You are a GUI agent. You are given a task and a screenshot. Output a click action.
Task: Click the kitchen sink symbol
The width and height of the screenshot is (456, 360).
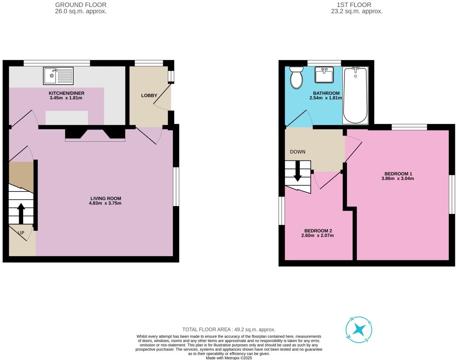tap(58, 75)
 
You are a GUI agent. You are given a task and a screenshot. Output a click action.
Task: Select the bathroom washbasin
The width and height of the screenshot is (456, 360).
tap(324, 75)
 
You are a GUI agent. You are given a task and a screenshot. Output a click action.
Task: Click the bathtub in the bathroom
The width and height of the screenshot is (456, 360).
tap(355, 95)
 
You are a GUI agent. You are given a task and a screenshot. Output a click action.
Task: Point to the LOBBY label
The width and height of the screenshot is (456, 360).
tap(149, 95)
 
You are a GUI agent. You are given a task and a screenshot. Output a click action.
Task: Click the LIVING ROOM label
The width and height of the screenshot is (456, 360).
tap(106, 198)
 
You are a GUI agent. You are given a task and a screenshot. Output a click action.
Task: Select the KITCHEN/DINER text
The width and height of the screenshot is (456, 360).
tap(65, 93)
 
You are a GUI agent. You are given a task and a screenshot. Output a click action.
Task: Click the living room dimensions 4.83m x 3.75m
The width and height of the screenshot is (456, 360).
tap(106, 203)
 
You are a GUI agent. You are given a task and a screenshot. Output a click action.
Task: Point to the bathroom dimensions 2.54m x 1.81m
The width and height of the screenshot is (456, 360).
tap(326, 98)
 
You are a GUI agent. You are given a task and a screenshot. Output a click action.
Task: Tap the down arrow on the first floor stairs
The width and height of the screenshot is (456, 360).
tap(298, 172)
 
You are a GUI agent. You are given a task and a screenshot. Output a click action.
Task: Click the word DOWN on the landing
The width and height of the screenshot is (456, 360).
tap(298, 152)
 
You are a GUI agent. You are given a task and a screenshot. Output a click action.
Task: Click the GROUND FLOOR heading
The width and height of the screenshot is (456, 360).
tap(81, 5)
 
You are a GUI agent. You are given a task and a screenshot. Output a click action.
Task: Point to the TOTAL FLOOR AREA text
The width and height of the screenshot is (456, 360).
tap(229, 329)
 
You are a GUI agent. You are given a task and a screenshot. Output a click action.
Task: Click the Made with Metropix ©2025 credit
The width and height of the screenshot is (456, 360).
tap(229, 357)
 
